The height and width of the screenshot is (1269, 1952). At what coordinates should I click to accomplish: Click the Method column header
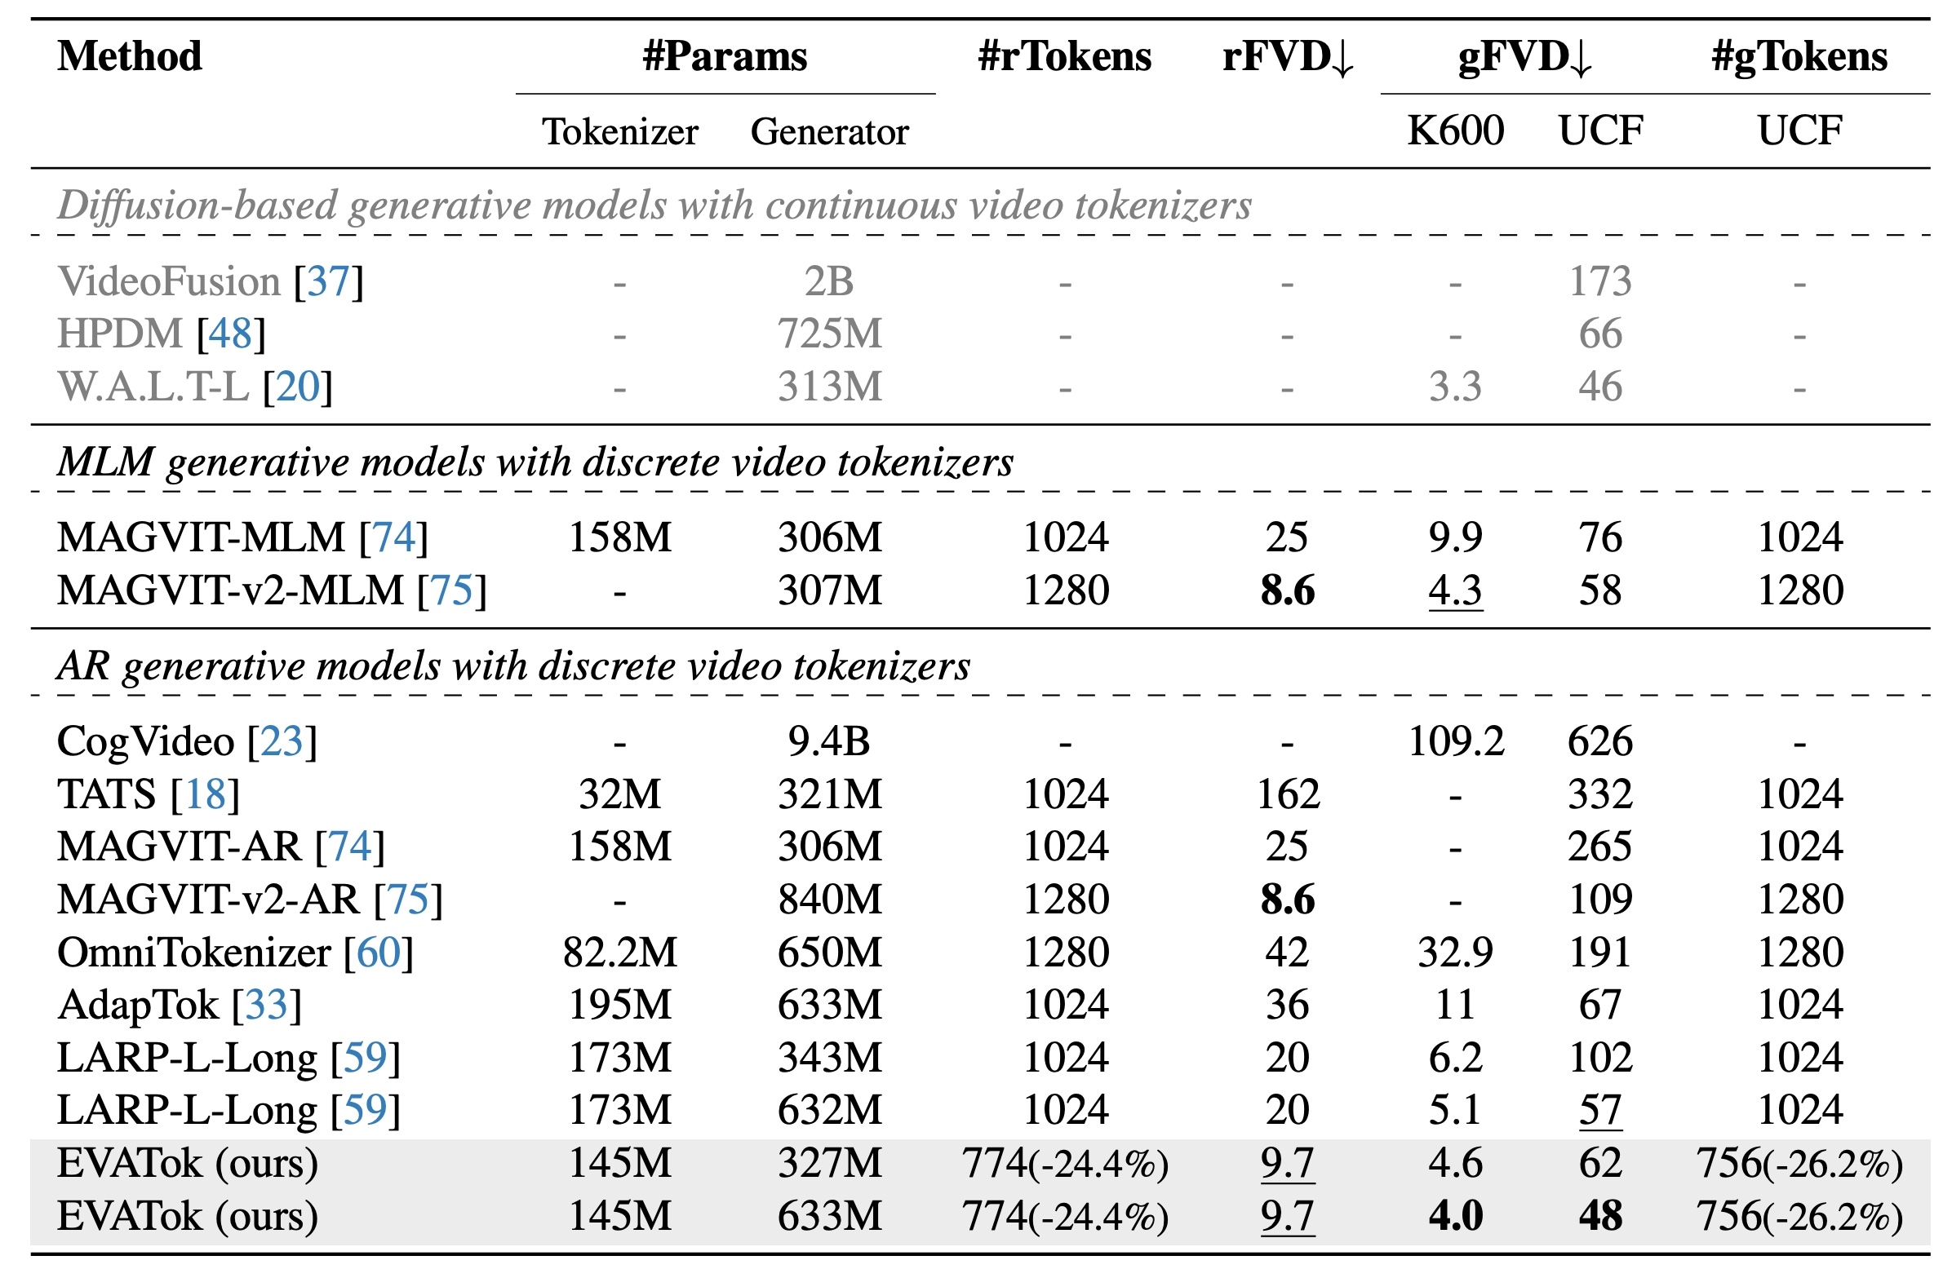pos(130,56)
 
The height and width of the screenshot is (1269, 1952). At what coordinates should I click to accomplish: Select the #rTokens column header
pos(1065,56)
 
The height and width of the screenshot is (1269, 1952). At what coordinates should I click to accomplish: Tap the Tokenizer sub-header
pos(620,131)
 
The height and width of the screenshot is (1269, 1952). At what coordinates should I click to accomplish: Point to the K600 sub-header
pos(1455,130)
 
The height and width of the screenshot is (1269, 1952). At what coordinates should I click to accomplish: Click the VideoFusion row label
pos(169,281)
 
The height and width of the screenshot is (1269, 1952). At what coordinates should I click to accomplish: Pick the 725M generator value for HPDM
pos(829,334)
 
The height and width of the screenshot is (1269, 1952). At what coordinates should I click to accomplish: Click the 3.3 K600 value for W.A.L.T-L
pos(1455,386)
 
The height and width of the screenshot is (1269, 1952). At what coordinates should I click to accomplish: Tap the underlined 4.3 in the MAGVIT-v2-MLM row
pos(1455,590)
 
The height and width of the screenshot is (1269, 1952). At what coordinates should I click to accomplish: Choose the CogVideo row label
pos(145,741)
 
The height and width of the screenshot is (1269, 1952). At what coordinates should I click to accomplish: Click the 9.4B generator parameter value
pos(829,741)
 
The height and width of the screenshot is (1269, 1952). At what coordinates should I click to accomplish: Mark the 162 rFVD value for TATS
pos(1288,794)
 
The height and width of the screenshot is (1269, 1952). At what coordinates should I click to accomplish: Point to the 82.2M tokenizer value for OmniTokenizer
pos(620,952)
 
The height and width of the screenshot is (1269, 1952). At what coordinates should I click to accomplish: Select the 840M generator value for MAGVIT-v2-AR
pos(829,900)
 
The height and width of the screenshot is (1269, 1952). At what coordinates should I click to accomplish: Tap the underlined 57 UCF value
pos(1600,1110)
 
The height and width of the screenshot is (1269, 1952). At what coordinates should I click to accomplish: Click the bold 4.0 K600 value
pos(1455,1215)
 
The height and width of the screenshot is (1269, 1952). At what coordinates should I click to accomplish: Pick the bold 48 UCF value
pos(1600,1215)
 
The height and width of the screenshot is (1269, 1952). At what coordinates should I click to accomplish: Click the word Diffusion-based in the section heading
pos(197,205)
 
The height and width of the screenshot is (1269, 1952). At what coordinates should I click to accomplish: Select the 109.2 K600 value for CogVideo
pos(1455,741)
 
